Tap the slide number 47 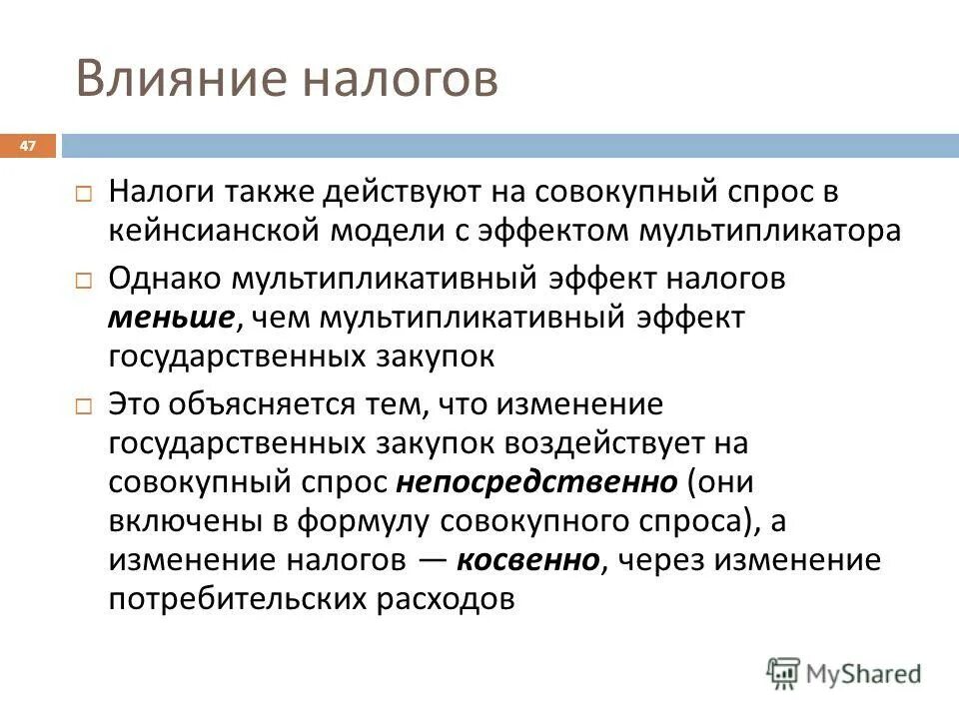pos(27,147)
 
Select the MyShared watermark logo pos(844,673)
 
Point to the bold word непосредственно pos(536,482)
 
